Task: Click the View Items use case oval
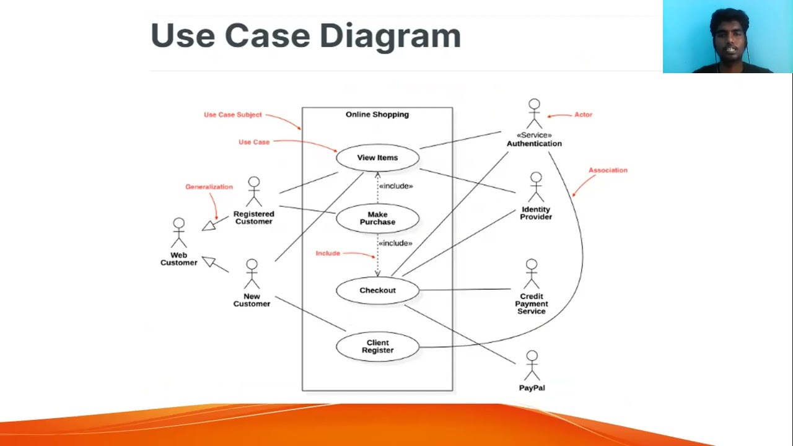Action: click(x=377, y=158)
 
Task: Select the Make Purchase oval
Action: click(x=377, y=219)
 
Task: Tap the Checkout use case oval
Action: click(x=377, y=291)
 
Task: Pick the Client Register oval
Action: click(x=377, y=346)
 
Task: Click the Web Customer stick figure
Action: click(x=178, y=234)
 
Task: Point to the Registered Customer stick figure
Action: click(x=253, y=192)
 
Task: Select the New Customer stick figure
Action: click(x=252, y=274)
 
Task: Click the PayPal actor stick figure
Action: click(x=532, y=366)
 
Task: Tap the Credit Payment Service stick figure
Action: click(x=532, y=275)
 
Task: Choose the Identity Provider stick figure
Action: click(x=536, y=188)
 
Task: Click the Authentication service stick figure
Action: click(x=534, y=114)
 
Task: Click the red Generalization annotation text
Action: click(x=209, y=187)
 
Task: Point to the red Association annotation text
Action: click(x=608, y=170)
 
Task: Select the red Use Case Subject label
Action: click(x=233, y=115)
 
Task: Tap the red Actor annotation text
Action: click(x=583, y=115)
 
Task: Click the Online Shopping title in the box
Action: click(x=377, y=115)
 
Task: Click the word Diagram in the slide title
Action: click(x=390, y=36)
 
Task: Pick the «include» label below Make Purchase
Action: click(x=395, y=243)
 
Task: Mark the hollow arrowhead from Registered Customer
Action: click(x=209, y=225)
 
